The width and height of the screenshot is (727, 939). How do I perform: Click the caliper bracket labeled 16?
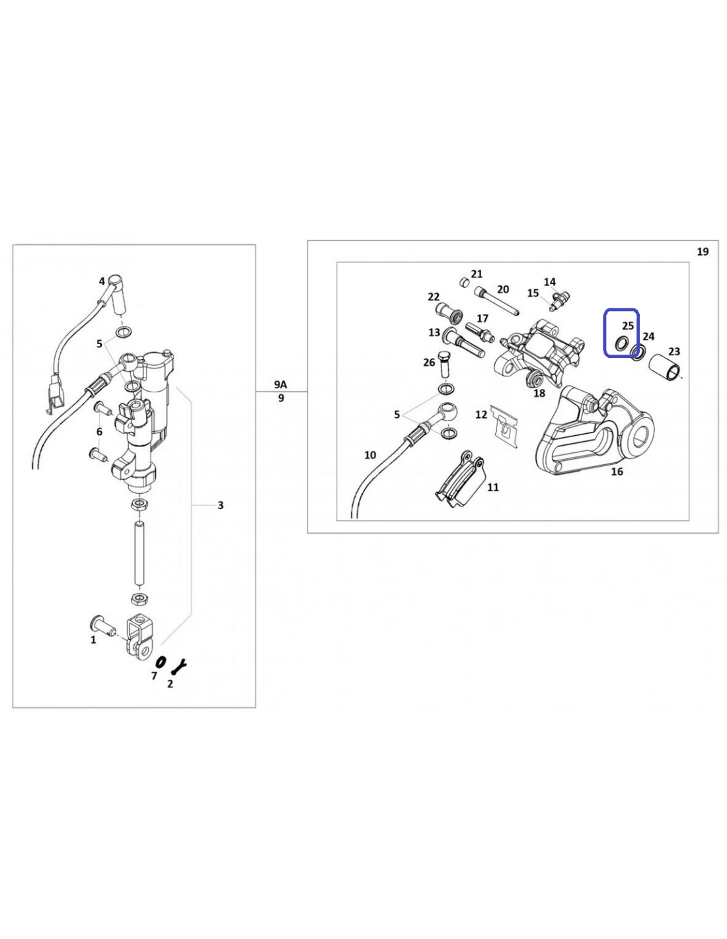pyautogui.click(x=597, y=436)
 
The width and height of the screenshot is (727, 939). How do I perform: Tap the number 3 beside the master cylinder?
pyautogui.click(x=220, y=504)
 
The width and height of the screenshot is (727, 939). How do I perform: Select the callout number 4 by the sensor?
pyautogui.click(x=102, y=281)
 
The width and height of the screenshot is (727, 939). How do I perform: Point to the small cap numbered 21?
pyautogui.click(x=464, y=282)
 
